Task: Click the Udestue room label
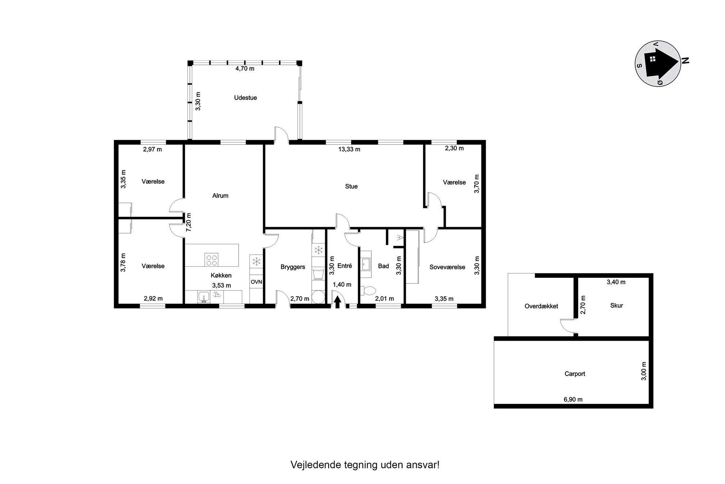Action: pos(245,98)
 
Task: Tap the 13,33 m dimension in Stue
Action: pos(349,149)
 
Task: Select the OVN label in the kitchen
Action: pos(256,282)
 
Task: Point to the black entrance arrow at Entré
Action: pos(338,301)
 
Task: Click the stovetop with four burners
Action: pos(212,260)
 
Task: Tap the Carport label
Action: pos(575,374)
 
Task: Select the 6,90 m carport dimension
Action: pos(573,399)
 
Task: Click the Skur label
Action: pos(616,305)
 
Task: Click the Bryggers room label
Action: pos(293,267)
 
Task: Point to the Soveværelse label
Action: pos(447,267)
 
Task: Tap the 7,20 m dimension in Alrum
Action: pos(189,222)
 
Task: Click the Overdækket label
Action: pos(541,306)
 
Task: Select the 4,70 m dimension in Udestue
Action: pos(245,68)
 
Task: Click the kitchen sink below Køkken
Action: pos(204,297)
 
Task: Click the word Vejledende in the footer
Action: pos(316,465)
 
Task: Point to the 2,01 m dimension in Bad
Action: pos(384,299)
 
